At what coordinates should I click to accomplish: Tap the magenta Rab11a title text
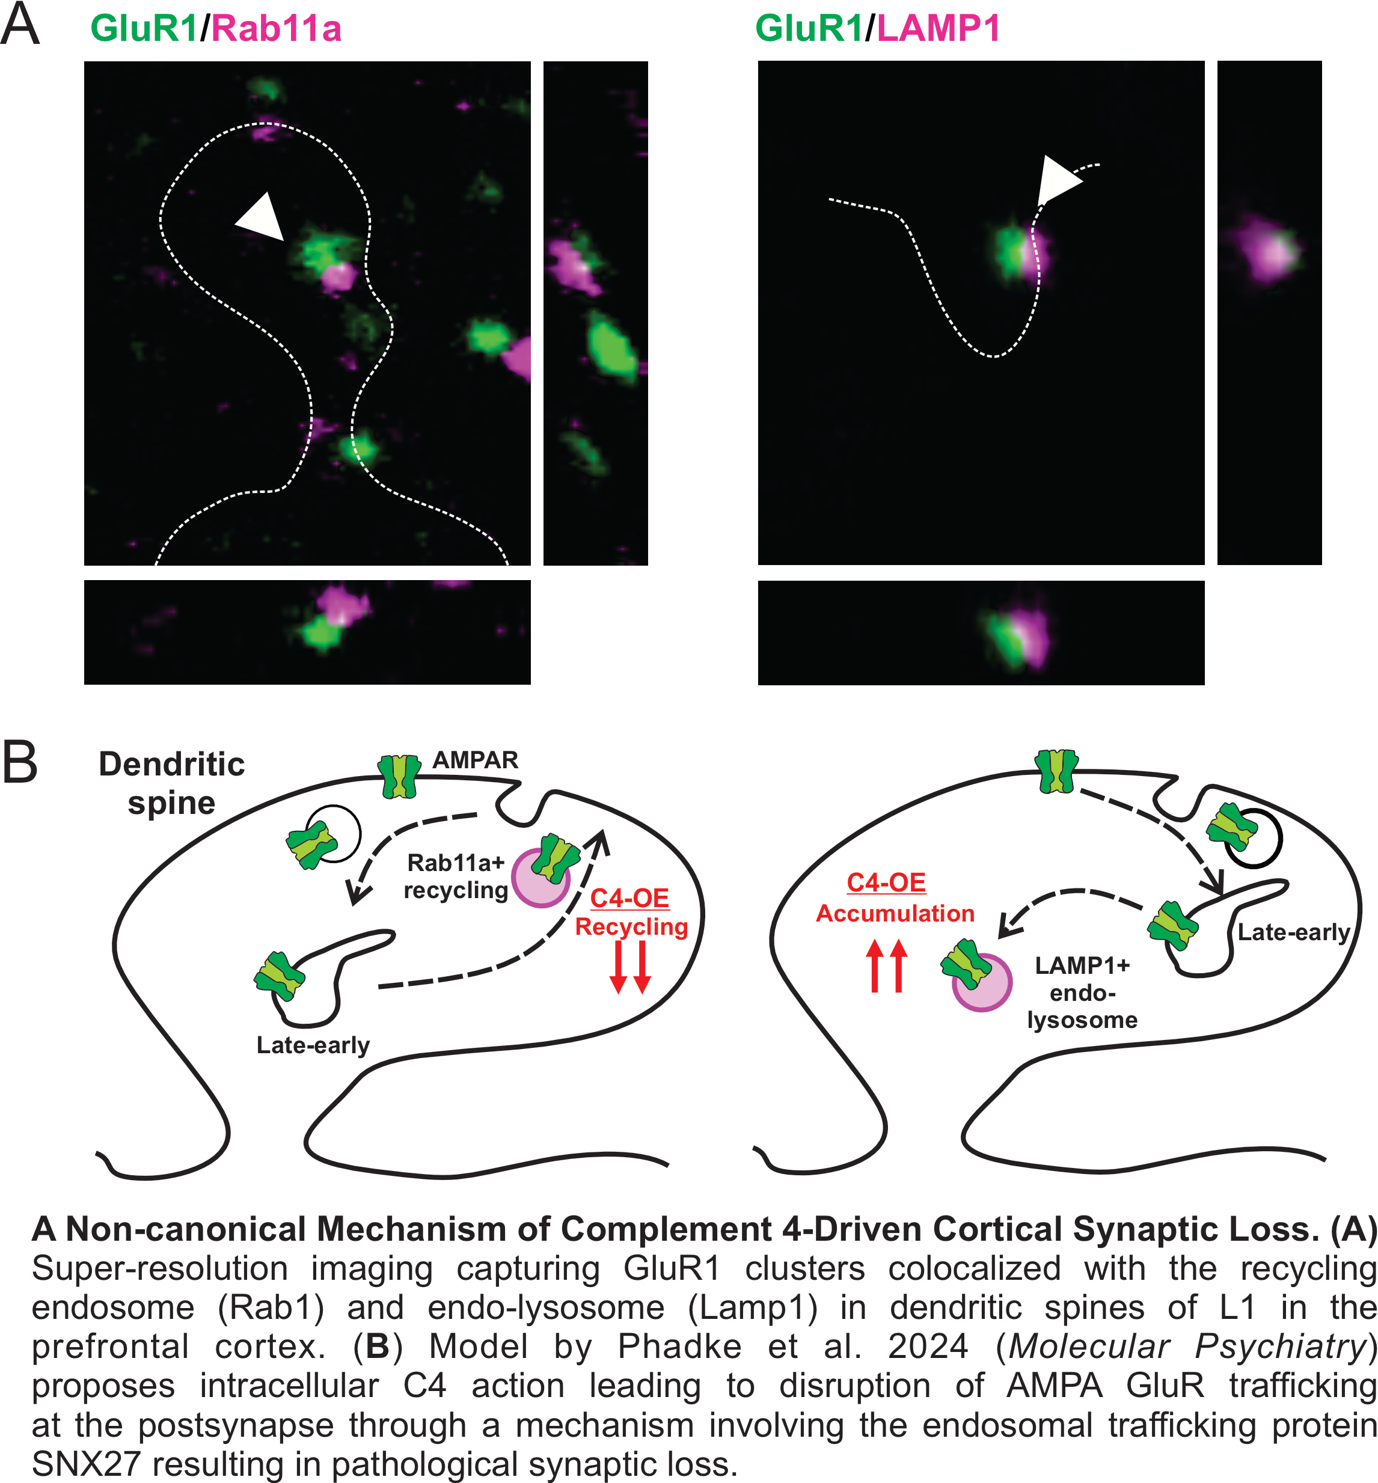coord(276,29)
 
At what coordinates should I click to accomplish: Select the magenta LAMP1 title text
coord(938,29)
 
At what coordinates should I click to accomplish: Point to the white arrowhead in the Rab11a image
coord(260,217)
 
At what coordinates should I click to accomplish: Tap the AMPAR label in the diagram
coord(475,760)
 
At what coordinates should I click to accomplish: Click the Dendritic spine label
coord(171,783)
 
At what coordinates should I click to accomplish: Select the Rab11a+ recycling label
coord(456,876)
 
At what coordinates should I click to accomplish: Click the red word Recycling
coord(631,927)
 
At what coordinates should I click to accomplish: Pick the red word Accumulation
coord(895,913)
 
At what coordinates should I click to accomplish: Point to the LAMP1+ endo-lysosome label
coord(1082,992)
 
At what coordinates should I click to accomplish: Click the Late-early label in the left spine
coord(313,1045)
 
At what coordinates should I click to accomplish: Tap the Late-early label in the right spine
coord(1293,932)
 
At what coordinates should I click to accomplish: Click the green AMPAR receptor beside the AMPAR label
coord(400,776)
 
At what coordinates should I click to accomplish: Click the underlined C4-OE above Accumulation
coord(886,883)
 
